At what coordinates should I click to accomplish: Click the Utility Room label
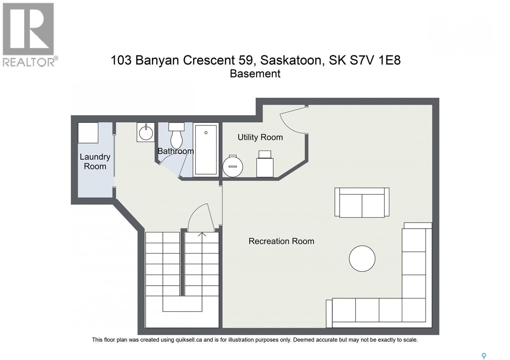point(260,137)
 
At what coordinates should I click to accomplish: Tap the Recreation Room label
point(281,241)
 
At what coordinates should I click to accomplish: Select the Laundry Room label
point(95,162)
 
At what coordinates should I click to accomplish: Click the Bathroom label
point(176,151)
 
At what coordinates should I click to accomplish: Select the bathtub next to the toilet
point(206,150)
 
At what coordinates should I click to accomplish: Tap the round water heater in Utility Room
point(233,166)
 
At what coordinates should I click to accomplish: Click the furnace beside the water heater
point(265,164)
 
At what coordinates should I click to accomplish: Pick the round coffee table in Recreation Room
point(362,258)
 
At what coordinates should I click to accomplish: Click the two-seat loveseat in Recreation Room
point(362,203)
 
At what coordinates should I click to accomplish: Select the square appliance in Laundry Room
point(88,133)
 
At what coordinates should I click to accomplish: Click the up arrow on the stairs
point(202,235)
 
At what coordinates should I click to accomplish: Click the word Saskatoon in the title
point(291,60)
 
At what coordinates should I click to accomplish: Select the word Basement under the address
point(255,74)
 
